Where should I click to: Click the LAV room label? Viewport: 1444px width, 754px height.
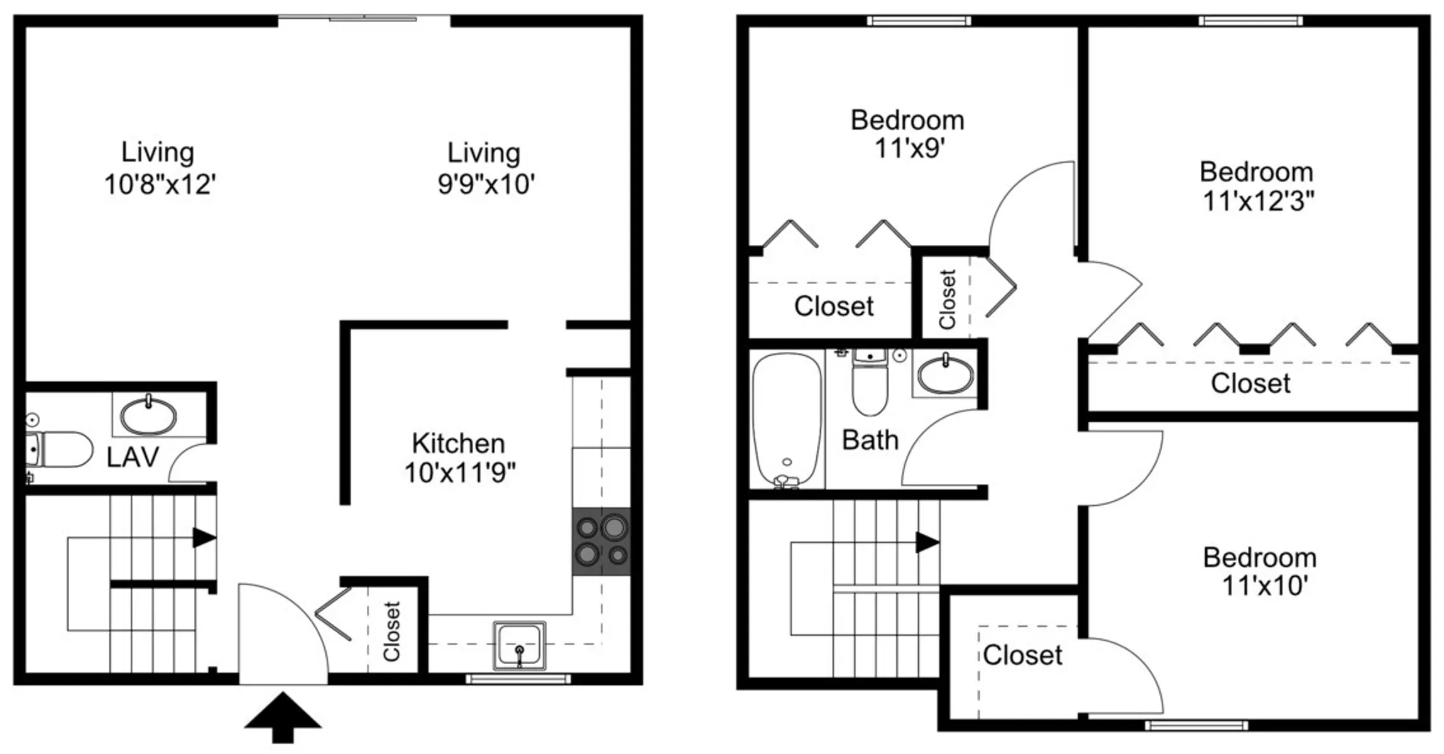pos(133,457)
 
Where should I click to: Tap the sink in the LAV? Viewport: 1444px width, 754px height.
pos(148,415)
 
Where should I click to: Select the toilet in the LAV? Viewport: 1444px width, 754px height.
pos(58,449)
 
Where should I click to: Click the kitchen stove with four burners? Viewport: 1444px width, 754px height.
pos(601,541)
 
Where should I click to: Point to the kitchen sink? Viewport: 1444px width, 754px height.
pos(519,645)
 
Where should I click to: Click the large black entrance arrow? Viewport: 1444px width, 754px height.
pos(283,718)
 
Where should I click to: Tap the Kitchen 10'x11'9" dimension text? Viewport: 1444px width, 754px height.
pos(459,473)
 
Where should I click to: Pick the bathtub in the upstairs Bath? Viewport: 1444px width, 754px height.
pos(787,420)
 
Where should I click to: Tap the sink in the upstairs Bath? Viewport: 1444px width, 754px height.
pos(945,374)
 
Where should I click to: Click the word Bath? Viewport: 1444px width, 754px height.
pos(870,440)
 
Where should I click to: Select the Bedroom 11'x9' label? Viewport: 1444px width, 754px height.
pos(908,134)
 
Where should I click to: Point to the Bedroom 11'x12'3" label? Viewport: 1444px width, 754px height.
pos(1257,187)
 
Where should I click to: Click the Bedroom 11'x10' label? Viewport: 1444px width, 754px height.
pos(1260,571)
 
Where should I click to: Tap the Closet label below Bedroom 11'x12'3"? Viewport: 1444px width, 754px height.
pos(1250,383)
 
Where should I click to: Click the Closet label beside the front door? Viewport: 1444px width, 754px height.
pos(391,631)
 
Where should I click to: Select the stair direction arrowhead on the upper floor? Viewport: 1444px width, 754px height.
pos(927,542)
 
